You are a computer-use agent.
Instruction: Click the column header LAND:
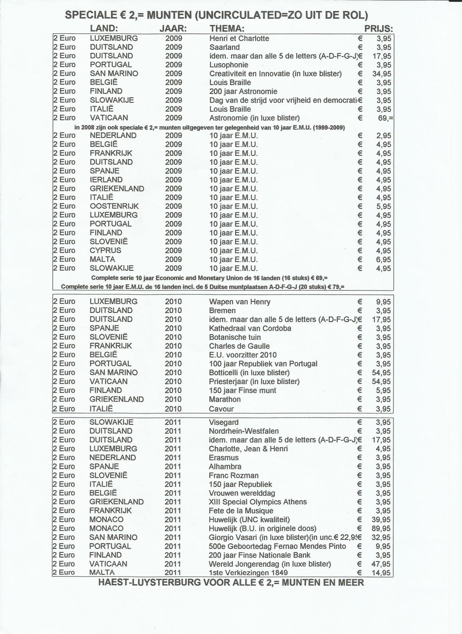click(x=104, y=29)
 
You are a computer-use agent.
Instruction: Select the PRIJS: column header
click(x=379, y=29)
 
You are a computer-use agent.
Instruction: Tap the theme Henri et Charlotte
click(x=239, y=39)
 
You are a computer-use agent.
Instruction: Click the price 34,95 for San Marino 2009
click(x=382, y=74)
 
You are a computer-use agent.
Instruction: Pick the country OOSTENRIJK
click(x=114, y=206)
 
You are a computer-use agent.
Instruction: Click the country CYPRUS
click(x=105, y=250)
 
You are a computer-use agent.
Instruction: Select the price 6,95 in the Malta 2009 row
click(x=384, y=260)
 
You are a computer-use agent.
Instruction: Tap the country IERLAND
click(x=106, y=180)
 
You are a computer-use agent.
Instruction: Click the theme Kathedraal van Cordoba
click(x=250, y=328)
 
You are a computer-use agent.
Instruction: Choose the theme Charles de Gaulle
click(x=239, y=346)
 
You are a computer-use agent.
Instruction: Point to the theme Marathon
click(x=225, y=399)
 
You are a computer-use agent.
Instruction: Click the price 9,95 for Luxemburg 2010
click(x=383, y=302)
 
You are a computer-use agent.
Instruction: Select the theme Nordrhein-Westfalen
click(x=244, y=431)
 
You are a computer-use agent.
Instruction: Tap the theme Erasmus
click(x=224, y=458)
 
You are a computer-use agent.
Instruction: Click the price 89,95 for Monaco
click(x=381, y=528)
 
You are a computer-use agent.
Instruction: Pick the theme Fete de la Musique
click(x=241, y=511)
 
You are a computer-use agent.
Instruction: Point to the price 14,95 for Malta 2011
click(x=381, y=573)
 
